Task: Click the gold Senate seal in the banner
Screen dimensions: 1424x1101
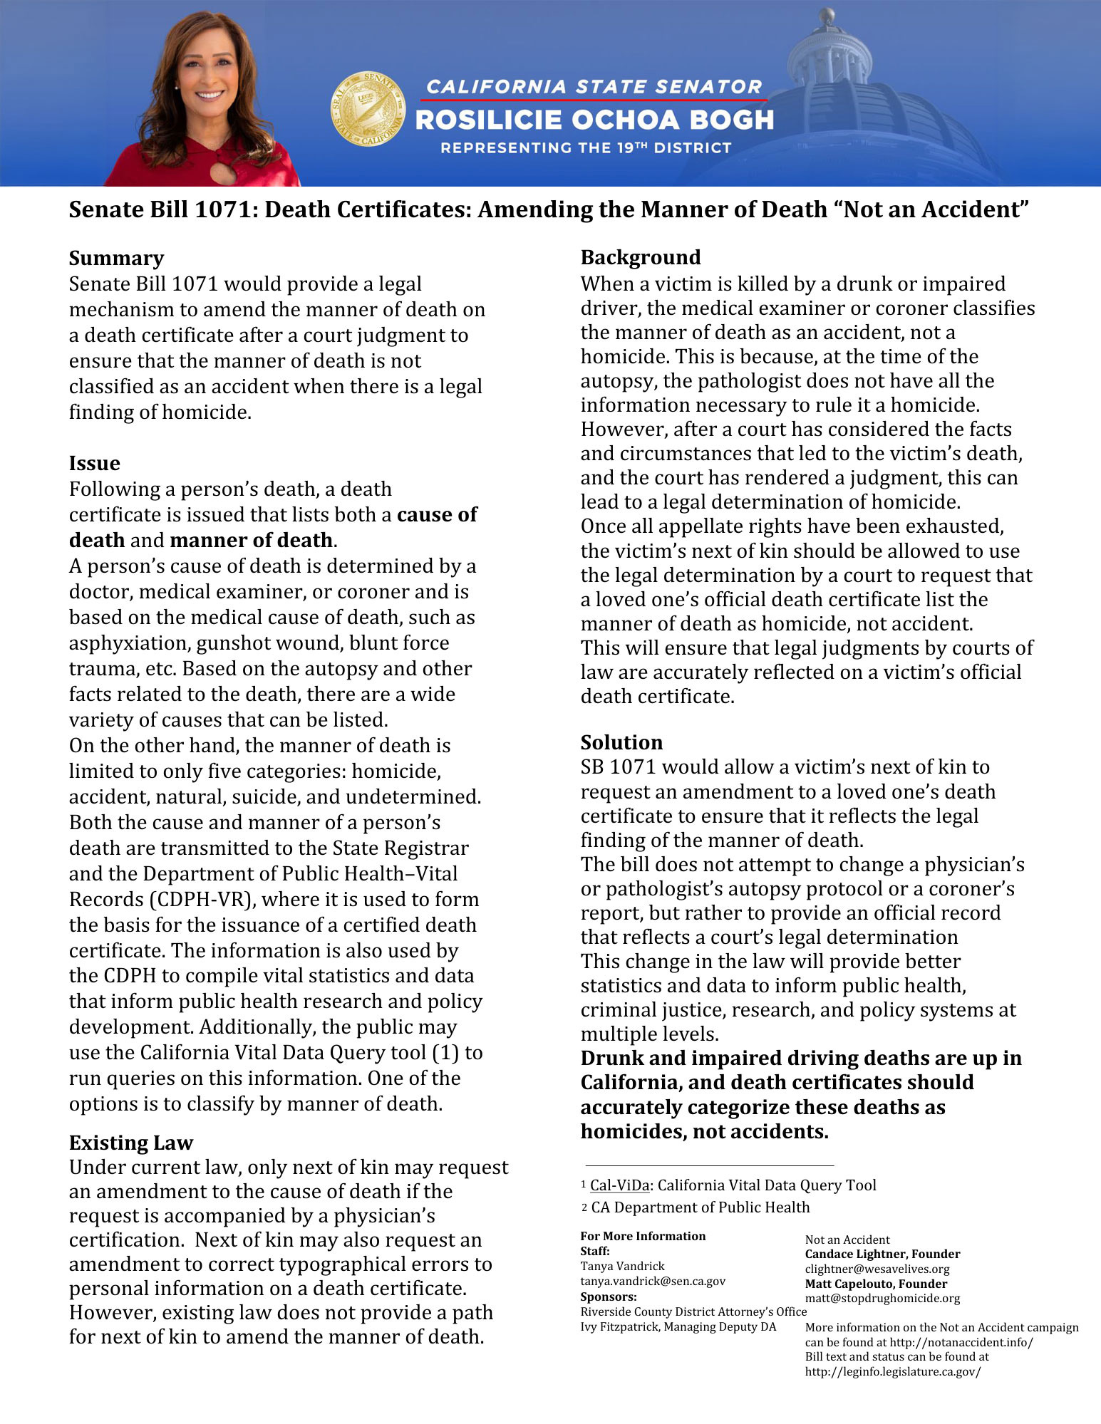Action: pos(368,108)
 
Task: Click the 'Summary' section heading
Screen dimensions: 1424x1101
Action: pos(116,258)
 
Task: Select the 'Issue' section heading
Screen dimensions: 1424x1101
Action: pos(94,463)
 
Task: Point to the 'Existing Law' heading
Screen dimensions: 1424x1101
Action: pos(131,1143)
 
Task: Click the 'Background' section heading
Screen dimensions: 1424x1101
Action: pos(641,257)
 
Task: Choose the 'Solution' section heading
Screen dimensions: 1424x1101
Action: pos(621,742)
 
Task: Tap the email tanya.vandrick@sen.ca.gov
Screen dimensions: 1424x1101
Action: pos(653,1281)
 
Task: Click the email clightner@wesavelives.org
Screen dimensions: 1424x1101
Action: pos(877,1269)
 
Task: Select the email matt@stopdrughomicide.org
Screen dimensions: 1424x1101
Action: pos(882,1298)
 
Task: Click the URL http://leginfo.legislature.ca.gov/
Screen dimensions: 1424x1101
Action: pos(893,1371)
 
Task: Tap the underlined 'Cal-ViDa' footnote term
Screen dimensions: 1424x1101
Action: pos(620,1185)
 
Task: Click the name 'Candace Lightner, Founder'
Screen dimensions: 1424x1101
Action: pos(882,1254)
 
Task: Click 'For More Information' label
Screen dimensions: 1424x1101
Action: pos(643,1236)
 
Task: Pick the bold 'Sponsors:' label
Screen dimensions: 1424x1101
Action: pos(609,1296)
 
